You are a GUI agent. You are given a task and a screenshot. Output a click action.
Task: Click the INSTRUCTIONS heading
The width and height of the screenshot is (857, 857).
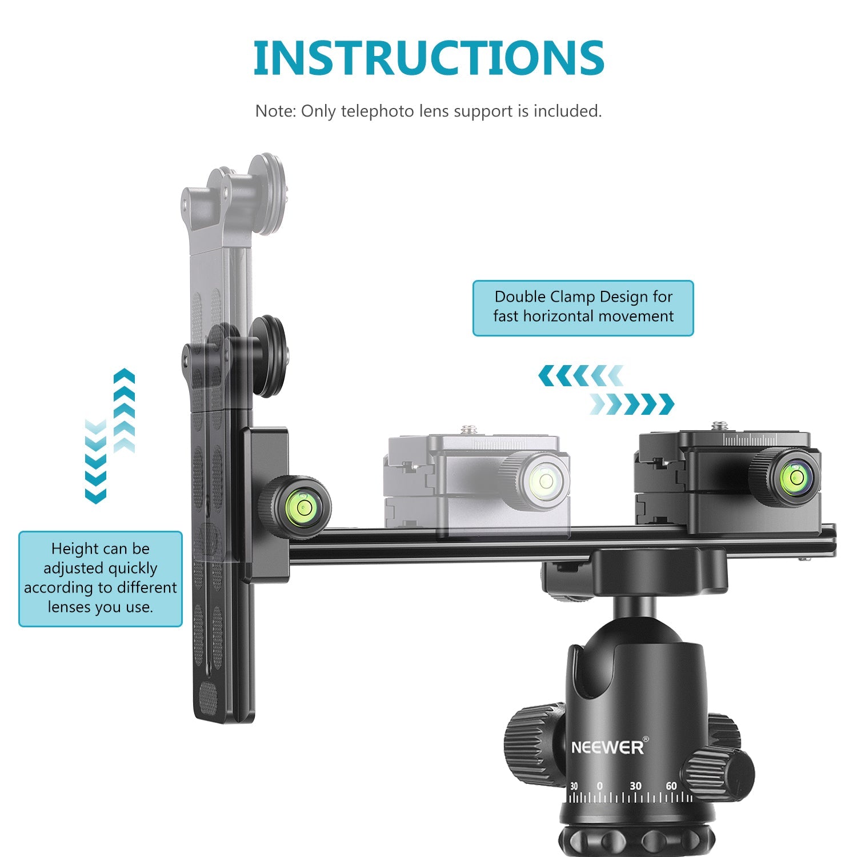pos(428,58)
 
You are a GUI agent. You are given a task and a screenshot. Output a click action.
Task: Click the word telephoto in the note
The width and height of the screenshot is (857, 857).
pos(377,111)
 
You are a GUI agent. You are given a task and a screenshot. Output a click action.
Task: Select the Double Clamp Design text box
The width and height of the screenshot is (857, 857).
pos(583,307)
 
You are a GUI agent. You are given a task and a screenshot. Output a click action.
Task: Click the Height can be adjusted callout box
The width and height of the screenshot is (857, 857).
pos(101,579)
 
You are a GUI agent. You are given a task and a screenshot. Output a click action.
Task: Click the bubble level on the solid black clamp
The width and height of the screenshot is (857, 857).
pos(795,476)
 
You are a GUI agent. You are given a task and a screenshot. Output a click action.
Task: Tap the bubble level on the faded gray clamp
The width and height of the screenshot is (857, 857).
pos(545,480)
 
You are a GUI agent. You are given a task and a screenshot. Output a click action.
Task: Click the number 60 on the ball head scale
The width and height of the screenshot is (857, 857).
pos(671,786)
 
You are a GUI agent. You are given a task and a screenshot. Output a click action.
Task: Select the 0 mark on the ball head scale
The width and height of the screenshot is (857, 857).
pos(599,786)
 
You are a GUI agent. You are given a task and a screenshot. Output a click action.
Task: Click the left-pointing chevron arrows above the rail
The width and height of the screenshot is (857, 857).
pos(580,376)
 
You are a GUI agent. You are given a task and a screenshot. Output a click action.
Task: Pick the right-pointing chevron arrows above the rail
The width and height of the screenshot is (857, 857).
pos(632,404)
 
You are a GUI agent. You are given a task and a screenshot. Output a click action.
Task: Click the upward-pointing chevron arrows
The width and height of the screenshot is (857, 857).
pos(124,411)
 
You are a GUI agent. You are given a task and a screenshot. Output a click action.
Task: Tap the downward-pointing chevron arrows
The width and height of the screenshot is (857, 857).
pos(95,461)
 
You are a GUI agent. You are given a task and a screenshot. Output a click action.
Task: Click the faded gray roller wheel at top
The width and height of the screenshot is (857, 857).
pos(268,194)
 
